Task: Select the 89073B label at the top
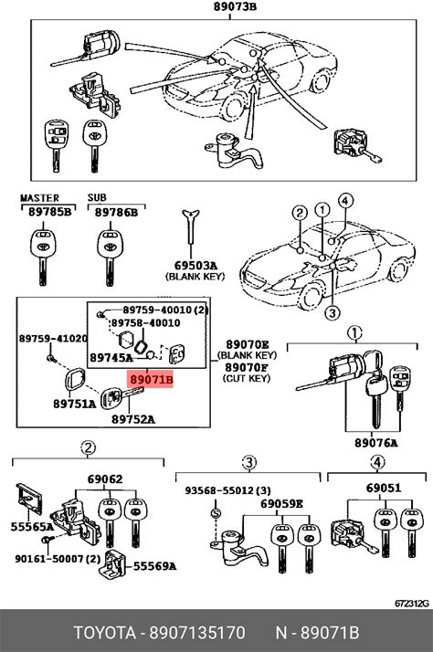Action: (x=235, y=6)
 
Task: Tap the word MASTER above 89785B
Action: (x=40, y=198)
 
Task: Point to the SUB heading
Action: (x=97, y=197)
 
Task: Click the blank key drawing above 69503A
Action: (x=191, y=226)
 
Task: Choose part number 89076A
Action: (x=376, y=443)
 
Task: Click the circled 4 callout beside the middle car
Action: (x=345, y=201)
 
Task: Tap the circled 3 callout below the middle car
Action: (x=332, y=312)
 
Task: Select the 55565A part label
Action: (x=32, y=527)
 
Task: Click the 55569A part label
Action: (x=154, y=566)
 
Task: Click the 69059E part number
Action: (x=282, y=504)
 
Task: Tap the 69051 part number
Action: (x=384, y=488)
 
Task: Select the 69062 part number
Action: (x=105, y=479)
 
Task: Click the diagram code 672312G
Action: (x=411, y=603)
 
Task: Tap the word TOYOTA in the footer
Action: (x=105, y=633)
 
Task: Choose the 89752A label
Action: (x=133, y=419)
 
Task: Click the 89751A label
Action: (x=75, y=404)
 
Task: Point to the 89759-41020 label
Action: (x=53, y=339)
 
